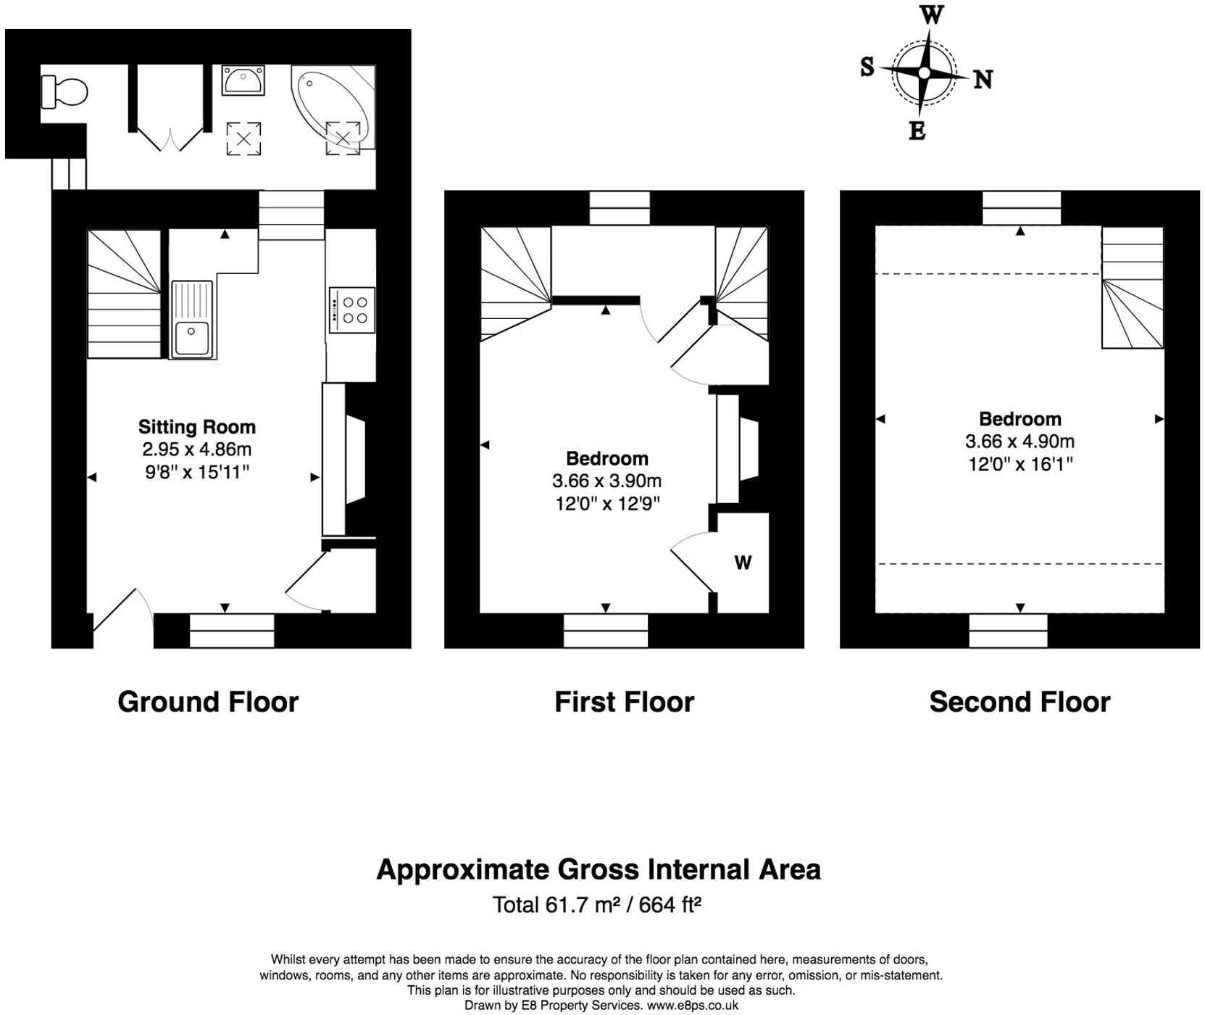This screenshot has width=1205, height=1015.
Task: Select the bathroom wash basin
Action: tap(243, 80)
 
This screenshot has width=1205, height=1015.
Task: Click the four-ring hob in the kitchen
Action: tap(351, 310)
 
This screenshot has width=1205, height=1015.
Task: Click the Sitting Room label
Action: tap(197, 427)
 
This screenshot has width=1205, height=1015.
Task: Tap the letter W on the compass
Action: tap(931, 14)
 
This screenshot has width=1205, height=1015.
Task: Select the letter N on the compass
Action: tap(983, 79)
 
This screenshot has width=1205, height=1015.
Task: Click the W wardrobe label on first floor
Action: tap(743, 563)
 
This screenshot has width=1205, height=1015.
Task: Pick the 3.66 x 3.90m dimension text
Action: tap(606, 481)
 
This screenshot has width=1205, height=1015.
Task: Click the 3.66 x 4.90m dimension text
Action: tap(1020, 442)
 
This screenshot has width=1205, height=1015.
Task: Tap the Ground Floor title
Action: tap(208, 702)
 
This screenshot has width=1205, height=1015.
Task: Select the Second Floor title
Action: tap(1020, 702)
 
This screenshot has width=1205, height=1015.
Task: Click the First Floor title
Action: tap(624, 702)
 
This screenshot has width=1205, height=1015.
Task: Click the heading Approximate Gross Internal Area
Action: tap(599, 869)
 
